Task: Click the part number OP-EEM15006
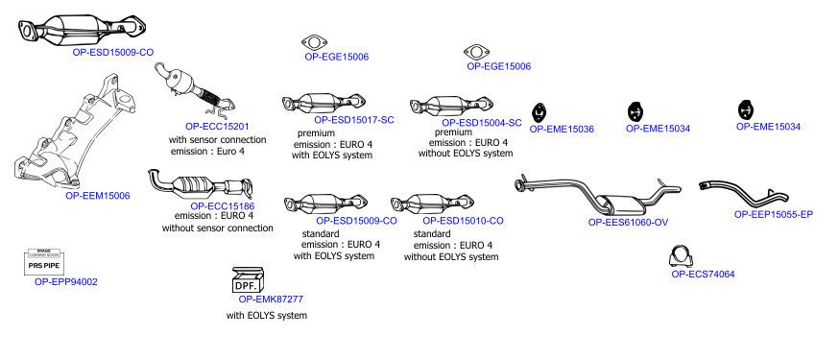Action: pyautogui.click(x=97, y=196)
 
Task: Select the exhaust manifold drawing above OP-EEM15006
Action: pyautogui.click(x=74, y=133)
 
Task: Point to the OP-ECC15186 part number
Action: pyautogui.click(x=223, y=206)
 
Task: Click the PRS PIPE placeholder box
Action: pyautogui.click(x=44, y=262)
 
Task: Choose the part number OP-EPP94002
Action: pyautogui.click(x=66, y=282)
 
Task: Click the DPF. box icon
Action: pyautogui.click(x=248, y=279)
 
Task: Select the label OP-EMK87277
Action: pyautogui.click(x=271, y=300)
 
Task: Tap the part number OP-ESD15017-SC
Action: pyautogui.click(x=353, y=120)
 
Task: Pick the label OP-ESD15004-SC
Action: pyautogui.click(x=482, y=123)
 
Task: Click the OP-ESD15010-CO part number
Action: pyautogui.click(x=463, y=221)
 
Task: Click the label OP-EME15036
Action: pyautogui.click(x=562, y=129)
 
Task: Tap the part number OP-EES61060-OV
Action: pyautogui.click(x=628, y=223)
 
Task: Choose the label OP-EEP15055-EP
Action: pyautogui.click(x=773, y=214)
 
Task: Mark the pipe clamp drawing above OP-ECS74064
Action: pyautogui.click(x=682, y=256)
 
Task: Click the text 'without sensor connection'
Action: pyautogui.click(x=217, y=228)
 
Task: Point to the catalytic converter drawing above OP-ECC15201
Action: pyautogui.click(x=194, y=91)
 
